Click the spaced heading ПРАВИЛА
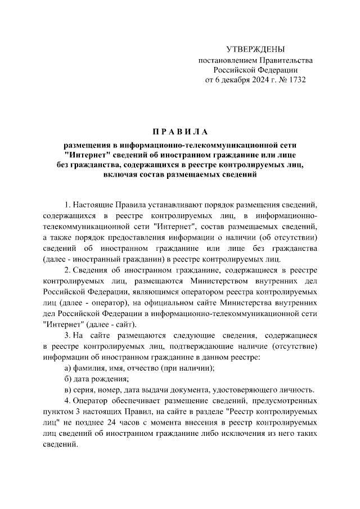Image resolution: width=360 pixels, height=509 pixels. point(180,132)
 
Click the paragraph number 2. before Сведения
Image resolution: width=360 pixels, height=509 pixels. point(67,271)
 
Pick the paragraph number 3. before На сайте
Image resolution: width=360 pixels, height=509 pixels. point(67,335)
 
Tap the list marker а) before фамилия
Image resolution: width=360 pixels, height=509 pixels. point(68,368)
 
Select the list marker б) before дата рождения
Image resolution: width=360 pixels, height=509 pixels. point(68,379)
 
